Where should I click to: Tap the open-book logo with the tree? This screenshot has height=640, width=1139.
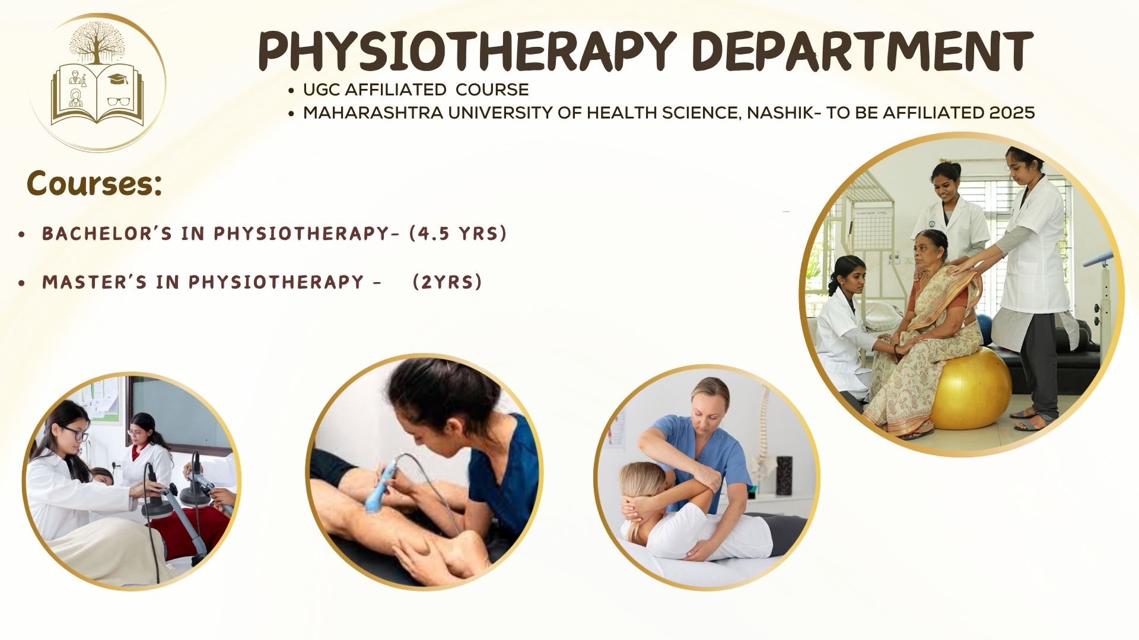click(x=97, y=83)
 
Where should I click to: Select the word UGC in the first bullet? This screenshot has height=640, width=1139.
click(x=322, y=90)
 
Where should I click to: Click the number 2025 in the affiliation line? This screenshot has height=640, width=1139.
click(x=1011, y=113)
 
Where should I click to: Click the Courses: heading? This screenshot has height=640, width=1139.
click(x=94, y=184)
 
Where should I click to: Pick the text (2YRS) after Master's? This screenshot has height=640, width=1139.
click(x=447, y=281)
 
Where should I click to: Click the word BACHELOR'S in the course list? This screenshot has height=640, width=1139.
click(x=107, y=233)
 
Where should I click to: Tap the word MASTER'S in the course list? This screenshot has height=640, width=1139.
click(x=94, y=282)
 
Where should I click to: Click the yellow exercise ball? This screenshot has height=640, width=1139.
click(x=971, y=389)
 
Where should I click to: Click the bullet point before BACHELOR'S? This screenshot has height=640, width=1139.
click(x=22, y=235)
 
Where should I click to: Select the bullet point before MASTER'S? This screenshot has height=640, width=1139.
click(x=22, y=284)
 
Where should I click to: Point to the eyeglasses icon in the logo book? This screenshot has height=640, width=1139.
click(x=119, y=101)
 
